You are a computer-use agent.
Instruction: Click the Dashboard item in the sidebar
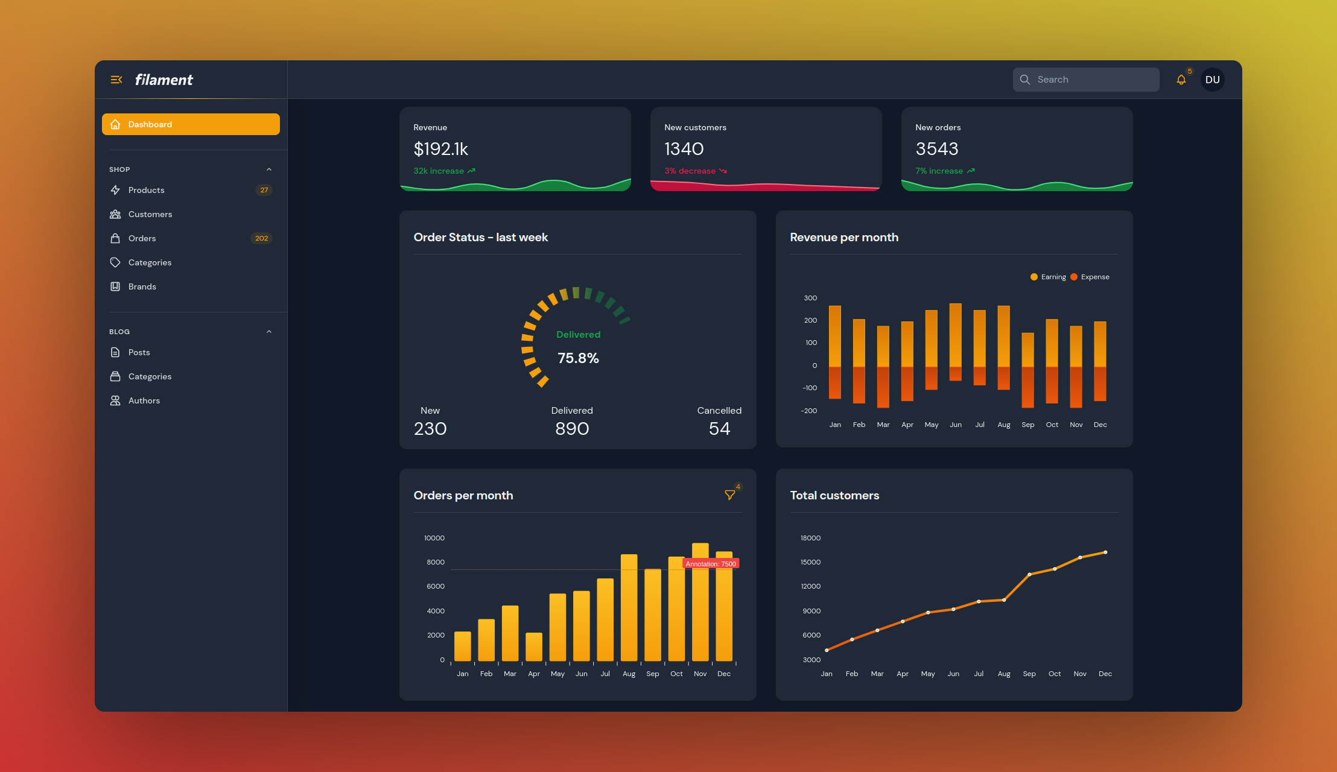point(191,124)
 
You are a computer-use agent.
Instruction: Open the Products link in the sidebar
point(146,190)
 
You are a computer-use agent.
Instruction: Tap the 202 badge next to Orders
point(261,238)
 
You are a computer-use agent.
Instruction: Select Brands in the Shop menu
point(142,286)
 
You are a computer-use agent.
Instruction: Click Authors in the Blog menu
point(144,400)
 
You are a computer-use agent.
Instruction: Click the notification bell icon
point(1181,80)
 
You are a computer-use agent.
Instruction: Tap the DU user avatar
point(1212,80)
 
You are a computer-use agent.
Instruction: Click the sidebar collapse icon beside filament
point(116,80)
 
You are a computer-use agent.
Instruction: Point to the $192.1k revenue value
point(440,149)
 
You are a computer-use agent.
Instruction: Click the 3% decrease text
point(690,171)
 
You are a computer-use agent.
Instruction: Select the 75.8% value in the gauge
point(578,358)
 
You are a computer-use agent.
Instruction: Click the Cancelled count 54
point(719,429)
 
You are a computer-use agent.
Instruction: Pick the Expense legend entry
point(1090,277)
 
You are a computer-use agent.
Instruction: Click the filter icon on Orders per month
point(729,495)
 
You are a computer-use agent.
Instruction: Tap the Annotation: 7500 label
point(711,564)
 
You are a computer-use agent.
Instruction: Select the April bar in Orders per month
point(534,647)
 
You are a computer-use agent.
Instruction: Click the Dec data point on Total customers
point(1105,552)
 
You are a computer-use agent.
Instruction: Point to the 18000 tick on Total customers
point(810,538)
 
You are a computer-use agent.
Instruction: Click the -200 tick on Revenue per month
point(808,411)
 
